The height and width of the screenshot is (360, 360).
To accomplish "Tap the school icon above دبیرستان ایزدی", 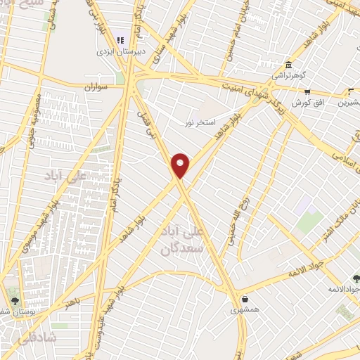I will (120, 41).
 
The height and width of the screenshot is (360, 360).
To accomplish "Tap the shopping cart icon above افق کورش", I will (307, 91).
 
